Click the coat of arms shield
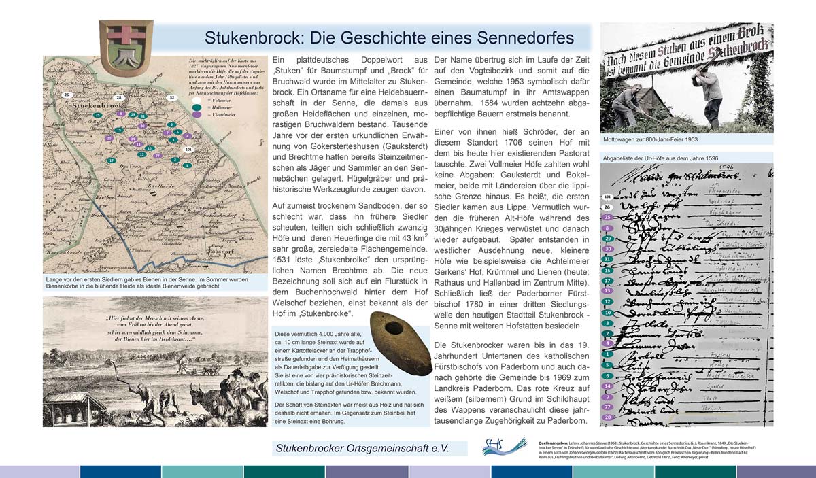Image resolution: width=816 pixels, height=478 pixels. (116, 43)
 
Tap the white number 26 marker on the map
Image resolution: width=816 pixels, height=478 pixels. (67, 95)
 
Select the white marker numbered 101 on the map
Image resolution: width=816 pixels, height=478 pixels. (188, 148)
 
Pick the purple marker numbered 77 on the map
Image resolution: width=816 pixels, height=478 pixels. (157, 156)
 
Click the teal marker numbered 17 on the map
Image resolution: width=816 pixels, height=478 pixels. (112, 160)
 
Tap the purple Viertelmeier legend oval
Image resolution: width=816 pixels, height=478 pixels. (196, 116)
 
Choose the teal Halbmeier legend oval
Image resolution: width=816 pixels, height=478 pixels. (196, 107)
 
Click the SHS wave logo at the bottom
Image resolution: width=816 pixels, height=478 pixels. (504, 446)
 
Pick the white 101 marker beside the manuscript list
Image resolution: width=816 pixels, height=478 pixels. (607, 197)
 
